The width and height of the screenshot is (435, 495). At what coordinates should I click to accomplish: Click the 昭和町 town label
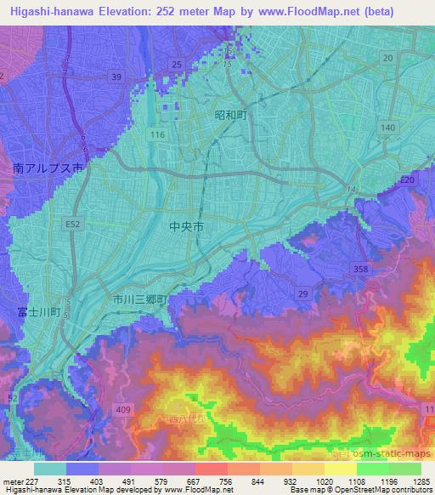(230, 114)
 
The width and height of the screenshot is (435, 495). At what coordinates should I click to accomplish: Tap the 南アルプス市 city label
(48, 169)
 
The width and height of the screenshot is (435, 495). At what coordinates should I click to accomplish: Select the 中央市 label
(186, 227)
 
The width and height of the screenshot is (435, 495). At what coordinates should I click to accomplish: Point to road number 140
(388, 127)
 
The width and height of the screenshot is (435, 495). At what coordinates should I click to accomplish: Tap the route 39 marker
(116, 77)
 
